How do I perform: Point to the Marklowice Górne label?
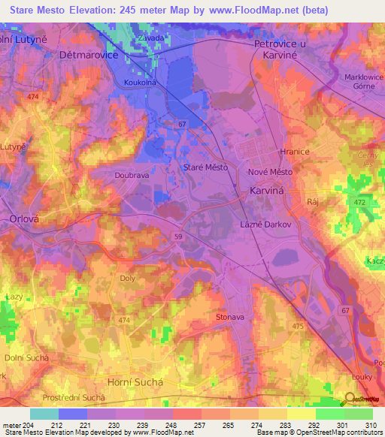tap(363, 81)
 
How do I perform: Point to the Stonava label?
tap(230, 317)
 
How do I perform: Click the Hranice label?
tap(294, 151)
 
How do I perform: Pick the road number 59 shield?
tap(178, 237)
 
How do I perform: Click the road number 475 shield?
tap(298, 326)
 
